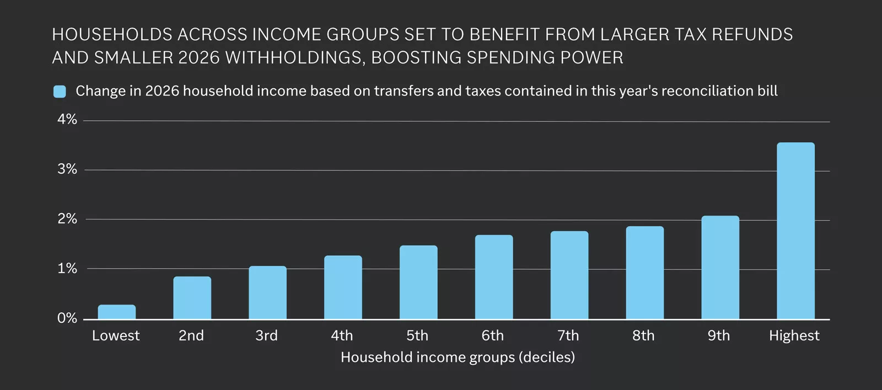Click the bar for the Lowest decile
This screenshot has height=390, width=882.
(116, 312)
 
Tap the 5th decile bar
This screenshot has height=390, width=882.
(418, 282)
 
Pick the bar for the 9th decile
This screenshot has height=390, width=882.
(720, 267)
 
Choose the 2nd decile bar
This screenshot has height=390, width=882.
(192, 297)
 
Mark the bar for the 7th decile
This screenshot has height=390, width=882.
(569, 275)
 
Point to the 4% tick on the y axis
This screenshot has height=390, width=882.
(67, 120)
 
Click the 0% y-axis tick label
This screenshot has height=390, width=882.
(67, 318)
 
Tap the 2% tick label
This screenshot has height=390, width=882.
(67, 219)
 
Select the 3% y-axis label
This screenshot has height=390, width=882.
(67, 169)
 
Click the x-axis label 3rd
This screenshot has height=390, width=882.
(267, 335)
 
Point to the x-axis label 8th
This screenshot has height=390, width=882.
(643, 335)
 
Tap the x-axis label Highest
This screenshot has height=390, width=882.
(794, 335)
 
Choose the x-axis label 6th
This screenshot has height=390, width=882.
(493, 335)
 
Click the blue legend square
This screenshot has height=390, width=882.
(60, 92)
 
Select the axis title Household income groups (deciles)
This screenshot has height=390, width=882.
(458, 357)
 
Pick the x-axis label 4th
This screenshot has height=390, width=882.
(342, 335)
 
